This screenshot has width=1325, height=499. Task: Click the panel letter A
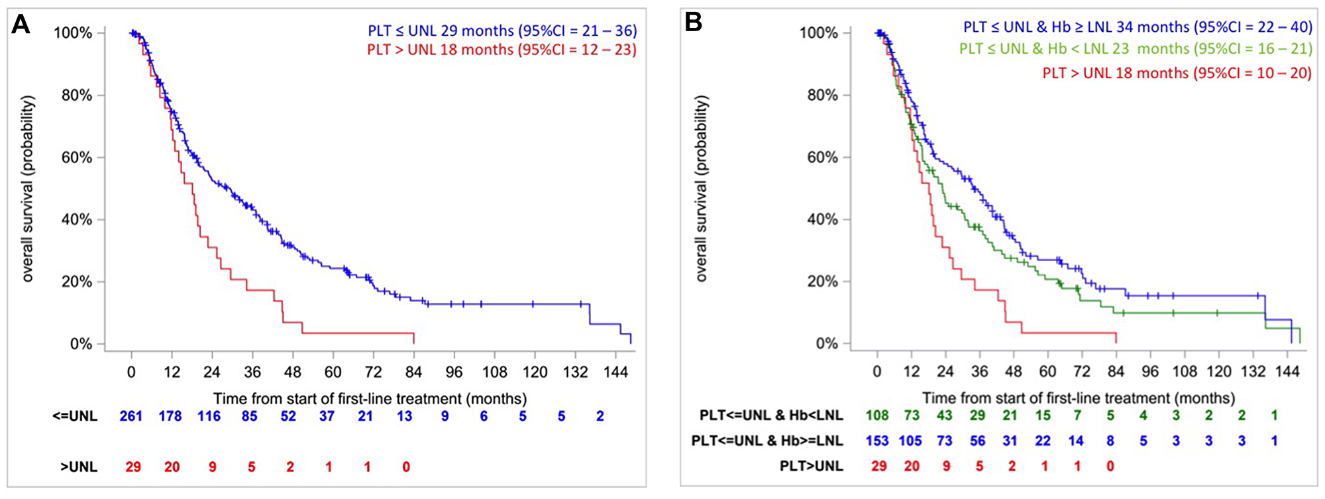coord(21,25)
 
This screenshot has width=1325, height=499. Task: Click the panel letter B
coord(693,23)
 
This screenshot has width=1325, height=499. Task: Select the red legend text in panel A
coord(502,50)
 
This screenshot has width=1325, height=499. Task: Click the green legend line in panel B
coord(1136,49)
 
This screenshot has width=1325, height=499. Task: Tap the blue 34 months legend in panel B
coord(1138,27)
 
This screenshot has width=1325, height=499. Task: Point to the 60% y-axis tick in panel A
coord(77,158)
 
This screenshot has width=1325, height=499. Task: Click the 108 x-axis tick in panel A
coord(494,372)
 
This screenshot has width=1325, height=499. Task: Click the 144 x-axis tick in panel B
coord(1287,372)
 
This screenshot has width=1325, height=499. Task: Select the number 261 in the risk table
coord(131,416)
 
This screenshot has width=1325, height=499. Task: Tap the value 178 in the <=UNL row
coord(170,416)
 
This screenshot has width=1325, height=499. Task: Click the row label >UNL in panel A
coord(79,467)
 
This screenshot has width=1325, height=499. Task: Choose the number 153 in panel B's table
coord(877,441)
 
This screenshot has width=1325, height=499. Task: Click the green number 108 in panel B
coord(877,416)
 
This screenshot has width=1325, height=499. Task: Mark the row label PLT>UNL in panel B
coord(811,467)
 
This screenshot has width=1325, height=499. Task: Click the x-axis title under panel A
coord(370,399)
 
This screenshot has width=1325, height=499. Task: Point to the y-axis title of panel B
coord(702,189)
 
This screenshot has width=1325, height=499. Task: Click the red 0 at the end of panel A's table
coord(406,467)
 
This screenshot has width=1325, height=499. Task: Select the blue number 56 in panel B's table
coord(978,441)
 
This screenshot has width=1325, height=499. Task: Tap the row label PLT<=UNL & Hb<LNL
coord(771,416)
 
